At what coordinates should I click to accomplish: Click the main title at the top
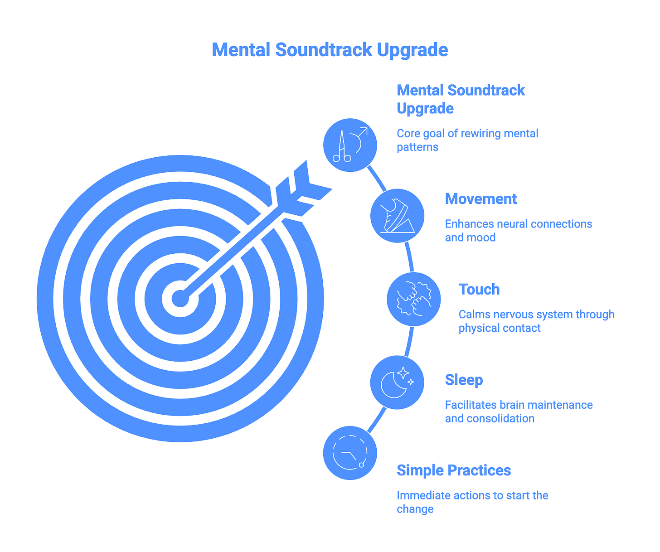tap(330, 50)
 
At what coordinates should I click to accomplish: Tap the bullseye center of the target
tap(180, 299)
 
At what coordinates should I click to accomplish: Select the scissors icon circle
tap(350, 145)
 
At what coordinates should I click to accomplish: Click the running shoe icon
tap(397, 216)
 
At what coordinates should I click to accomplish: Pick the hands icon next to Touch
tap(413, 299)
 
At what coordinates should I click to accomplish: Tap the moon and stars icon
tap(397, 383)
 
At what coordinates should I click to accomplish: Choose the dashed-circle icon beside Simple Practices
tap(350, 453)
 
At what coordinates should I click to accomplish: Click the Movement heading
tap(480, 199)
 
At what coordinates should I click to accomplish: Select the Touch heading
tap(479, 290)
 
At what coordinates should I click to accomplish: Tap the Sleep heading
tap(464, 380)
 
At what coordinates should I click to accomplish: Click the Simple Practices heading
tap(453, 470)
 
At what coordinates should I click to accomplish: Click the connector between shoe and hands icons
tap(410, 257)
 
